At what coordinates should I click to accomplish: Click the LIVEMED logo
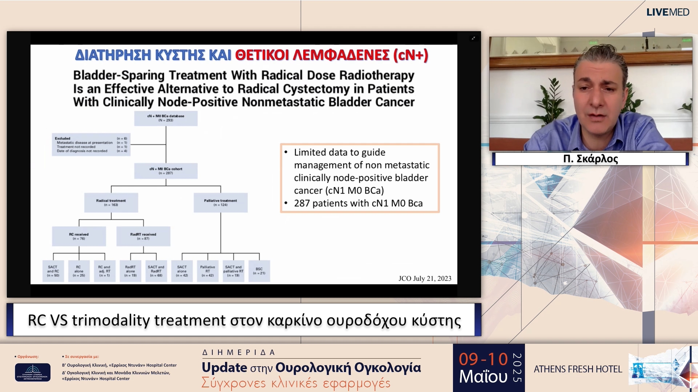pos(667,12)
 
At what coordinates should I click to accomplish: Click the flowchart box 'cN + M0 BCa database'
pos(166,118)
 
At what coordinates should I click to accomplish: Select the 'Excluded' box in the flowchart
pos(91,144)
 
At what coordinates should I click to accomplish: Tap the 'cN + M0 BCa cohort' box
pos(166,171)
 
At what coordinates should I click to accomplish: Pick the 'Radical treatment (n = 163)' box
pos(111,203)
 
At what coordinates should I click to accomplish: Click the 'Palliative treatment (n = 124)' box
pos(220,203)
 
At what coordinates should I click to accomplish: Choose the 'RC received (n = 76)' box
pos(79,236)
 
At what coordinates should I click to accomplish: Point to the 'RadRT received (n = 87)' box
pos(143,236)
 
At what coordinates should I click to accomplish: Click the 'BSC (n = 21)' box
pos(259,271)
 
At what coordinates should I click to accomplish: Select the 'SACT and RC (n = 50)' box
pos(53,271)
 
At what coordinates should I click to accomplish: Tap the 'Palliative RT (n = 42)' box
pos(208,271)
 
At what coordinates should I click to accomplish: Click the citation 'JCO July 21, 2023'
pos(425,278)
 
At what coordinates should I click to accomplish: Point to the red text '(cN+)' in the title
pos(410,55)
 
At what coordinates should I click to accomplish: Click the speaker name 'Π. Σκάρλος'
pos(590,159)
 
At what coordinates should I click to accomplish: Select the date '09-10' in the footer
pos(483,359)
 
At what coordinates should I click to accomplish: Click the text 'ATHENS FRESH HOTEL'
pos(578,369)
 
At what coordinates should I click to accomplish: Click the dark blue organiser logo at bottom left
pos(33,372)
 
